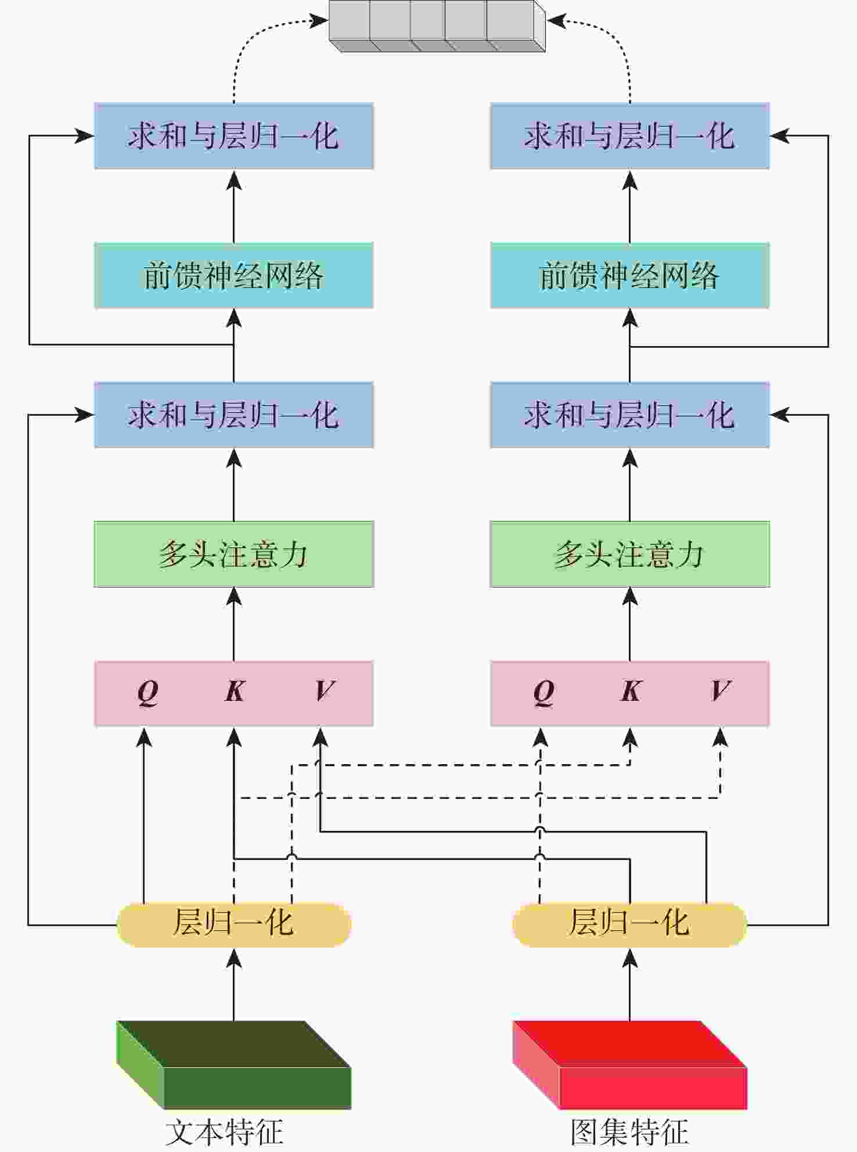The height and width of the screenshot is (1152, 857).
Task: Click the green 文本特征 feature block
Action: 233,1065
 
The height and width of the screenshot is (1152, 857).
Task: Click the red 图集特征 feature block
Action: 629,1065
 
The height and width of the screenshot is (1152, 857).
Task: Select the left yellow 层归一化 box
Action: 233,924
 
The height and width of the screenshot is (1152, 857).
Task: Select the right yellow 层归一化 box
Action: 629,924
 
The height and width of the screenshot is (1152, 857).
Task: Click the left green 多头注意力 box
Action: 233,554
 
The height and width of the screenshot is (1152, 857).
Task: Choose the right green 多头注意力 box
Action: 629,554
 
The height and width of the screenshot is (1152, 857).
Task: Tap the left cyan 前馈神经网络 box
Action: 233,275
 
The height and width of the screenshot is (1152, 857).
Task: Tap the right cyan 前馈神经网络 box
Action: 629,275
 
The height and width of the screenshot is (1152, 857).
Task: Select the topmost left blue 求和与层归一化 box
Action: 233,136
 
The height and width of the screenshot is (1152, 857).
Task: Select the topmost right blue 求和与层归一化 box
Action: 629,136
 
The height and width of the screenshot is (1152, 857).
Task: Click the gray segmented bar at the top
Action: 437,24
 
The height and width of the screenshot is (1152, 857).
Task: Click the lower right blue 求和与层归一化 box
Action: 629,415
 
